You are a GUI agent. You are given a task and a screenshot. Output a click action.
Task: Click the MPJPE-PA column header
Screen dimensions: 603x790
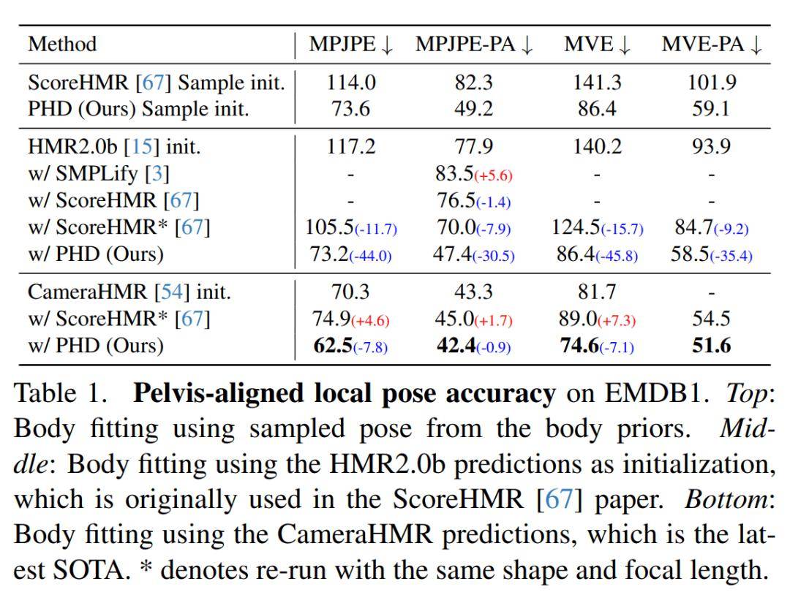[x=474, y=44]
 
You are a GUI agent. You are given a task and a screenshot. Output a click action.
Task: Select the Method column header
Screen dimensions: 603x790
[x=62, y=44]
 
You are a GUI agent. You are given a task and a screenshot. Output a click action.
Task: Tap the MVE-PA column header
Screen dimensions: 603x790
[x=711, y=44]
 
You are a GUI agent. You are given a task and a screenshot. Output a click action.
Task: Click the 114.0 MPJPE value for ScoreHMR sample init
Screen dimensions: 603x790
[x=350, y=83]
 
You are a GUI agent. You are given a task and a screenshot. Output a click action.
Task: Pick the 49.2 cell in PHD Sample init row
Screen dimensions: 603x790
[x=474, y=109]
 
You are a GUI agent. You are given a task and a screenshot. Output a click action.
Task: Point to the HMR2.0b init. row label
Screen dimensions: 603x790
[x=114, y=147]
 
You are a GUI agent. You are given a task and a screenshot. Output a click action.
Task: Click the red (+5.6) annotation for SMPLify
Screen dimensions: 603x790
[x=494, y=175]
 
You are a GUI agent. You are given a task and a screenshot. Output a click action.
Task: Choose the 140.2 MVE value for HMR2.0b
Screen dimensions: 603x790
[x=597, y=147]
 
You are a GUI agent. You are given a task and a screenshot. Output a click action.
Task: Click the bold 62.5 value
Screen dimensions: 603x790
[x=332, y=345]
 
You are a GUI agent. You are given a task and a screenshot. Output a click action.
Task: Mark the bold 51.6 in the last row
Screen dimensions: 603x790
[x=711, y=345]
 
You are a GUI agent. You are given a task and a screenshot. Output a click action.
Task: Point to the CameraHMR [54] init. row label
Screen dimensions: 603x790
[x=129, y=292]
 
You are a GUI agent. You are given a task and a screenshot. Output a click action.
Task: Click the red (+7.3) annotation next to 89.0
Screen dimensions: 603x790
[x=617, y=321]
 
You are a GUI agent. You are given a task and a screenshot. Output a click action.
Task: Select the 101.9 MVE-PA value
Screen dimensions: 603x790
[x=711, y=83]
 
